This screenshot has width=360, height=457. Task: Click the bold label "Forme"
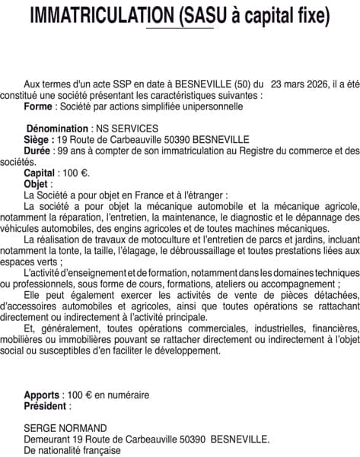pyautogui.click(x=40, y=107)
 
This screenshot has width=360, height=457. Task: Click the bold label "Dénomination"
pyautogui.click(x=57, y=130)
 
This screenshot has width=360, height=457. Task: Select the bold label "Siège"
pyautogui.click(x=39, y=141)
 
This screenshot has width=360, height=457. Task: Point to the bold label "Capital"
pyautogui.click(x=40, y=173)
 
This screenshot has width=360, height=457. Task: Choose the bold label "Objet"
pyautogui.click(x=37, y=184)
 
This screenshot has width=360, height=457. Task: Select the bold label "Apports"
pyautogui.click(x=41, y=395)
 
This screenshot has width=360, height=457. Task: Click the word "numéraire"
pyautogui.click(x=129, y=395)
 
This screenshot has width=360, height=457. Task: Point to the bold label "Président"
pyautogui.click(x=46, y=406)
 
